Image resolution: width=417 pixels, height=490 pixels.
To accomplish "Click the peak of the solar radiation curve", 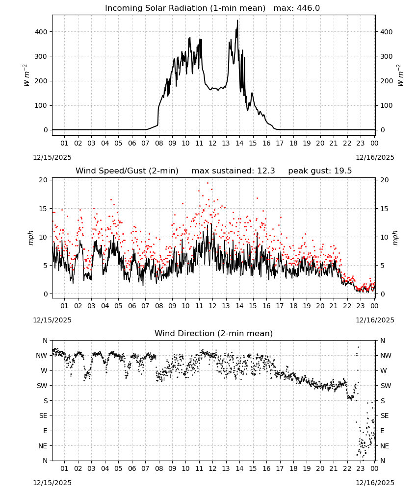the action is click(237, 20).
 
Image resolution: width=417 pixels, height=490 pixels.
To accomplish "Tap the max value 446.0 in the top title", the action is click(308, 8).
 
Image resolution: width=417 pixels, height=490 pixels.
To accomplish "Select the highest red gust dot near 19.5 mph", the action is click(208, 183).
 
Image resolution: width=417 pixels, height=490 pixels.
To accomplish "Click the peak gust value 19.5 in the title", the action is click(343, 171).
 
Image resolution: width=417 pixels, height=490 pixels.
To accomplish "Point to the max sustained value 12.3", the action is click(266, 171).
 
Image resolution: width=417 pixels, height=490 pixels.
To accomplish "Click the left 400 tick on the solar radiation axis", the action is click(41, 32).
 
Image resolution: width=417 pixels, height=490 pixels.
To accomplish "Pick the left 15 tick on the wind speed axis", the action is click(43, 209).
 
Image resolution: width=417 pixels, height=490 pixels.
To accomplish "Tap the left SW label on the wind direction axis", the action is click(42, 386).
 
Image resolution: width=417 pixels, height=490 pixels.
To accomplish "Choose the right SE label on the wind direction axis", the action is click(385, 416).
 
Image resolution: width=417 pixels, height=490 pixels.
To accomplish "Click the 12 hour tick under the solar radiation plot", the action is click(212, 143).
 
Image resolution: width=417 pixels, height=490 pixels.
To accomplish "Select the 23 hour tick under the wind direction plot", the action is click(361, 468).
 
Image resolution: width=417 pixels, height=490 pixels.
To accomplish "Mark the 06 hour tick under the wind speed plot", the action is click(132, 306).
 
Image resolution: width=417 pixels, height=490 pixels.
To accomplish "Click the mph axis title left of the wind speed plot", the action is click(30, 238).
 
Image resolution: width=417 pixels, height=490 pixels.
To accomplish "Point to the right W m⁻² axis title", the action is click(400, 75).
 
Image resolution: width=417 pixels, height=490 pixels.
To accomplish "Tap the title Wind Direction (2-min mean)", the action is click(214, 333).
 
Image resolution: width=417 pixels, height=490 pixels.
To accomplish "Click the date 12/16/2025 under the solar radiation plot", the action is click(375, 157).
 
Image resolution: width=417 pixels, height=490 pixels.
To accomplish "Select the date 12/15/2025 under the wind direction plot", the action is click(52, 483).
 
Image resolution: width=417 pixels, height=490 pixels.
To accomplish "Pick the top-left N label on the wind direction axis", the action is click(45, 341).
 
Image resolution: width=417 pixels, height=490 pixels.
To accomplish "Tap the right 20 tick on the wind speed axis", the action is click(385, 180).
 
